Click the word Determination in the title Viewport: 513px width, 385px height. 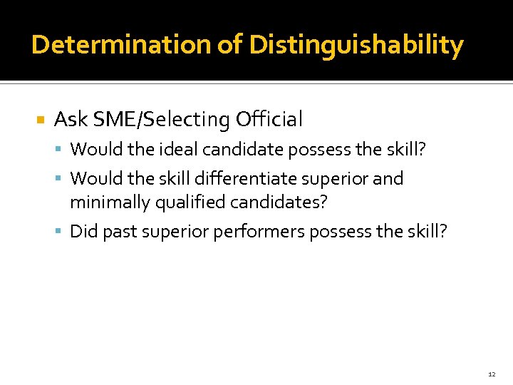coord(121,45)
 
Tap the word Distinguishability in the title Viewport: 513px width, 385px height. coord(356,45)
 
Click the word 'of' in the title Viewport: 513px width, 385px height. coord(229,45)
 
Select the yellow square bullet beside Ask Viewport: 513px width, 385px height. coord(40,120)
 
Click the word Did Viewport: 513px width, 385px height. coord(84,232)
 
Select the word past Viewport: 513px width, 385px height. coord(119,232)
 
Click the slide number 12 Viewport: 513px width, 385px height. coord(492,374)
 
